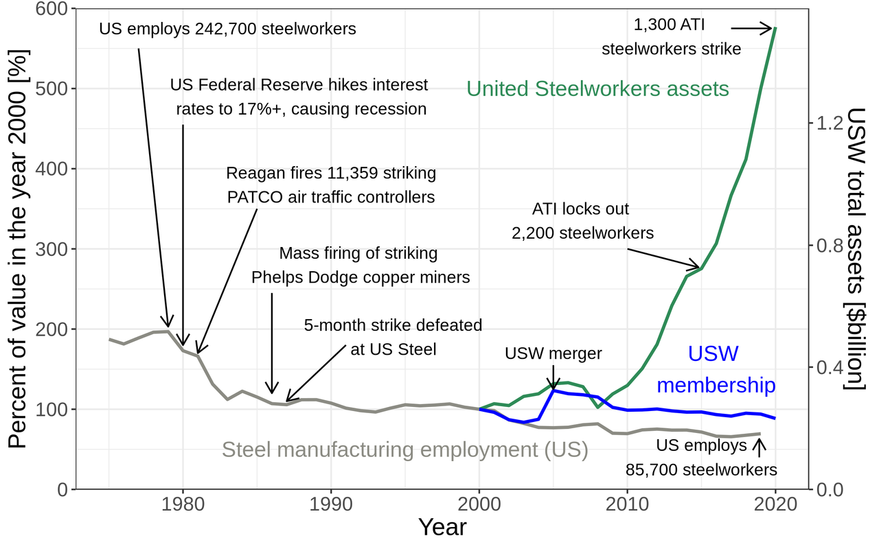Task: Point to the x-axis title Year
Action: pos(442,528)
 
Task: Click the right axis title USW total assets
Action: pos(856,248)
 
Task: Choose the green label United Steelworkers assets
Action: pos(597,89)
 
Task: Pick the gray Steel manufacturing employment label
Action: pos(404,450)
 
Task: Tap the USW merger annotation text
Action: pos(553,354)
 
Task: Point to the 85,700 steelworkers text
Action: pos(701,470)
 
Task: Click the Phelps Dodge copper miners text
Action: pos(361,277)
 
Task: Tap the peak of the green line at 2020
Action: pos(775,28)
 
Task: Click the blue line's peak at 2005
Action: pos(553,390)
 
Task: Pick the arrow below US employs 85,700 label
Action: pos(759,446)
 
